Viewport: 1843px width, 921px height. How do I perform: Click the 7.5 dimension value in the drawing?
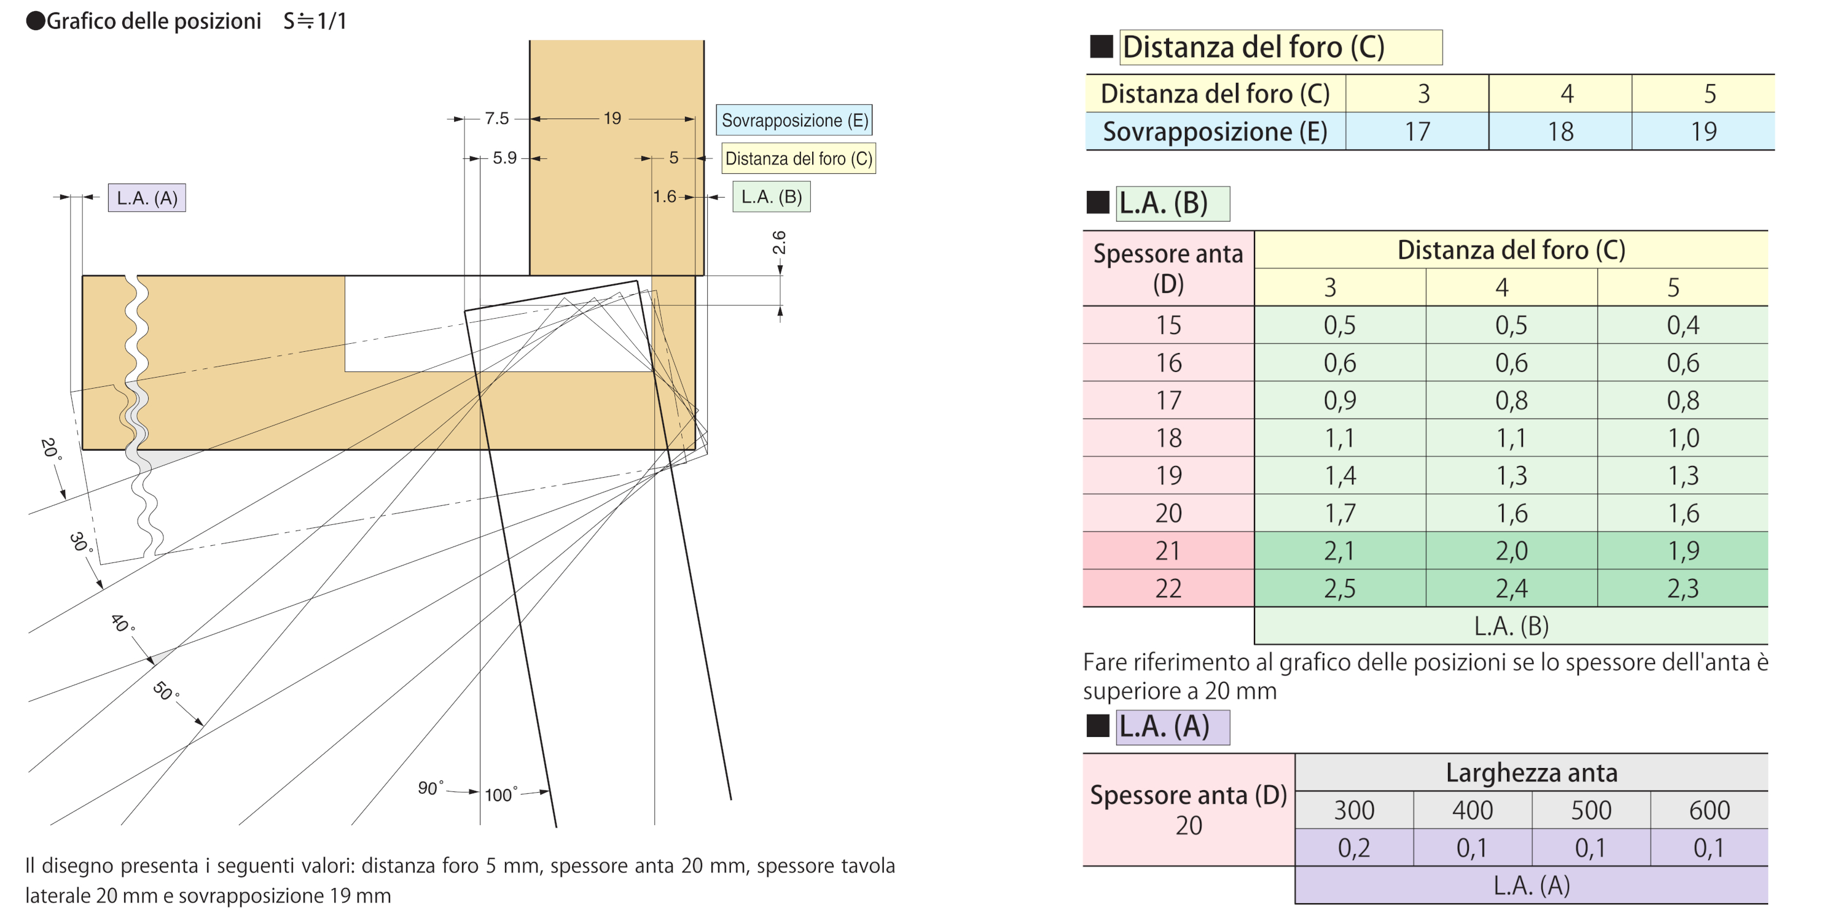point(496,118)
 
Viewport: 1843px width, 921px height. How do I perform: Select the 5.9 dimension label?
point(504,157)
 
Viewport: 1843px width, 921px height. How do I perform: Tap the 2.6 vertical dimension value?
point(779,243)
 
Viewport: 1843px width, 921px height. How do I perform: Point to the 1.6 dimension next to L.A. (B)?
point(664,196)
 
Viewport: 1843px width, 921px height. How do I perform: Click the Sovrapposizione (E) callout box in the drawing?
point(794,120)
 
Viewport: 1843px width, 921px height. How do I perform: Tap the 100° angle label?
point(500,794)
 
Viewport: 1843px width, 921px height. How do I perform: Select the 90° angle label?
point(430,787)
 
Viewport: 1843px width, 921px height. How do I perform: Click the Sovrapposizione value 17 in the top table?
point(1417,131)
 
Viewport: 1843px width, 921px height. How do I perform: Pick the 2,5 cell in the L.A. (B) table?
point(1339,588)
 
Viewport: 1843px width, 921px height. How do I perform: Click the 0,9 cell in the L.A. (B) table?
point(1339,400)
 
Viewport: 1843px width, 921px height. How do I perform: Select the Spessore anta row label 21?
point(1168,551)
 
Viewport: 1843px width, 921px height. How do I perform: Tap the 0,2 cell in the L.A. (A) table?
point(1353,848)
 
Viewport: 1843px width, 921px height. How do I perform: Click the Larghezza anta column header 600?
point(1709,810)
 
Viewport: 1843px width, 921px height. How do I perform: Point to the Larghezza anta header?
point(1531,773)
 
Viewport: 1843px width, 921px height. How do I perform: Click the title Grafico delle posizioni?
point(153,21)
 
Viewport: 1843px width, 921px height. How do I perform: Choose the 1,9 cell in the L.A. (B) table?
point(1683,551)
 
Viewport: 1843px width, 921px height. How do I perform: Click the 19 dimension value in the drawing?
point(612,118)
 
